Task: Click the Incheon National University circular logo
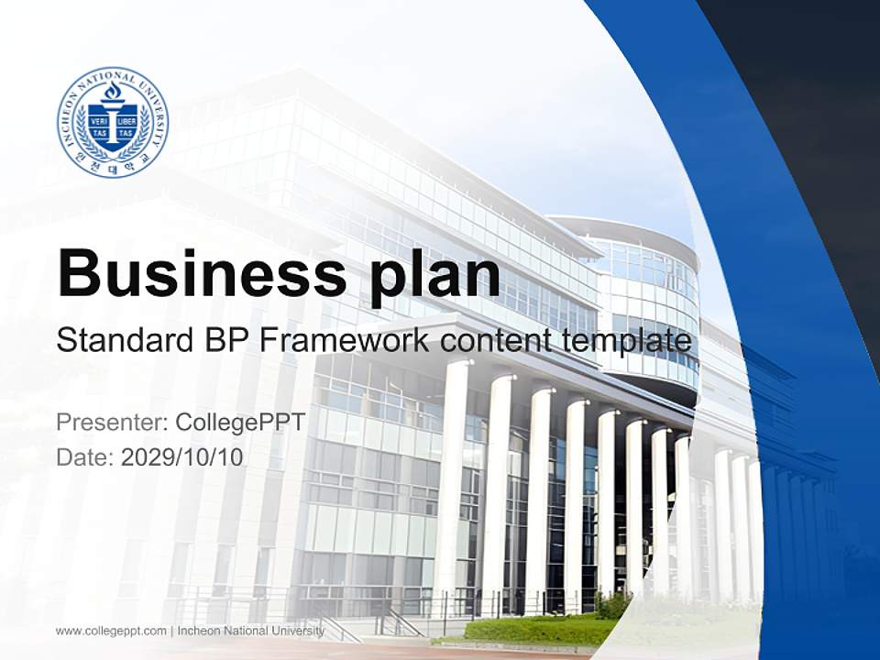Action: pyautogui.click(x=113, y=122)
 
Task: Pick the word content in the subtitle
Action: pyautogui.click(x=498, y=341)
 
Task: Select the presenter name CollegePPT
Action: pyautogui.click(x=239, y=423)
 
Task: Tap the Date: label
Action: pyautogui.click(x=85, y=456)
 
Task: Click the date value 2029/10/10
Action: pyautogui.click(x=182, y=456)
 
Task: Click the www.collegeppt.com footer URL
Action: pyautogui.click(x=111, y=631)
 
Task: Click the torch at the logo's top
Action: pyautogui.click(x=113, y=93)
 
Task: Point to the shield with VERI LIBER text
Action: pyautogui.click(x=113, y=125)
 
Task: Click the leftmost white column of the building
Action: pyautogui.click(x=452, y=477)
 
